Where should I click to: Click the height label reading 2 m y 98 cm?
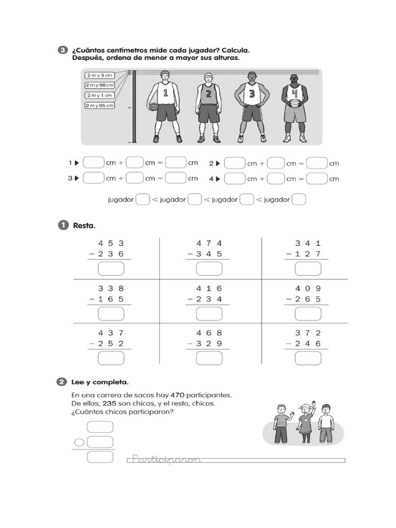coord(100,85)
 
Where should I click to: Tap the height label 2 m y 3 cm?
coord(99,75)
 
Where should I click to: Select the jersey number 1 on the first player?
coord(166,93)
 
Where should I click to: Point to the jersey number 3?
coord(252,94)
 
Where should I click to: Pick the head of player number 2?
coord(208,78)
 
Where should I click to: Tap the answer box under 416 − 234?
coord(209,313)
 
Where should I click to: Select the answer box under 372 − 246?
coord(308,358)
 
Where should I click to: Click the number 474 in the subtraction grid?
coord(209,243)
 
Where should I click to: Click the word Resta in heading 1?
coord(85,225)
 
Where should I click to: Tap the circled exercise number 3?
coord(63,50)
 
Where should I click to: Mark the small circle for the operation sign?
coord(79,442)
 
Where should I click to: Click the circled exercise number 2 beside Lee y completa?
coord(63,382)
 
